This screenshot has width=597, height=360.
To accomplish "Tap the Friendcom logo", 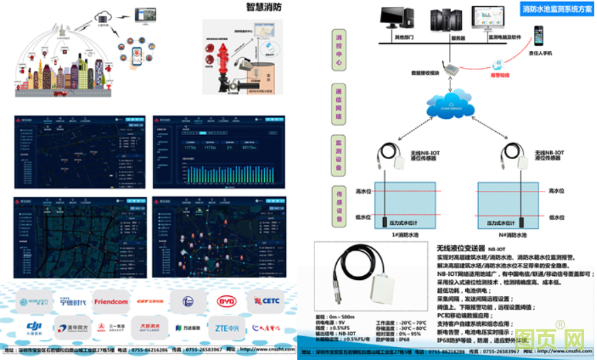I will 111,301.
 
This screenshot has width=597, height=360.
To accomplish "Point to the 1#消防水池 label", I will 408,235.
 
